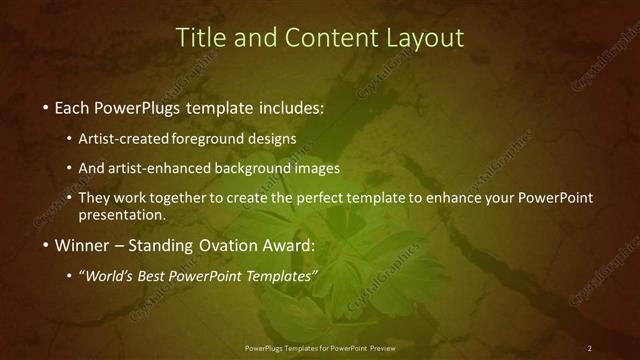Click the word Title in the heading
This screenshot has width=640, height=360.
(198, 38)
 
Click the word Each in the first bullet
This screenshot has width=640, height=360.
(73, 107)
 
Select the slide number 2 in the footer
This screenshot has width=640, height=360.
(589, 348)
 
